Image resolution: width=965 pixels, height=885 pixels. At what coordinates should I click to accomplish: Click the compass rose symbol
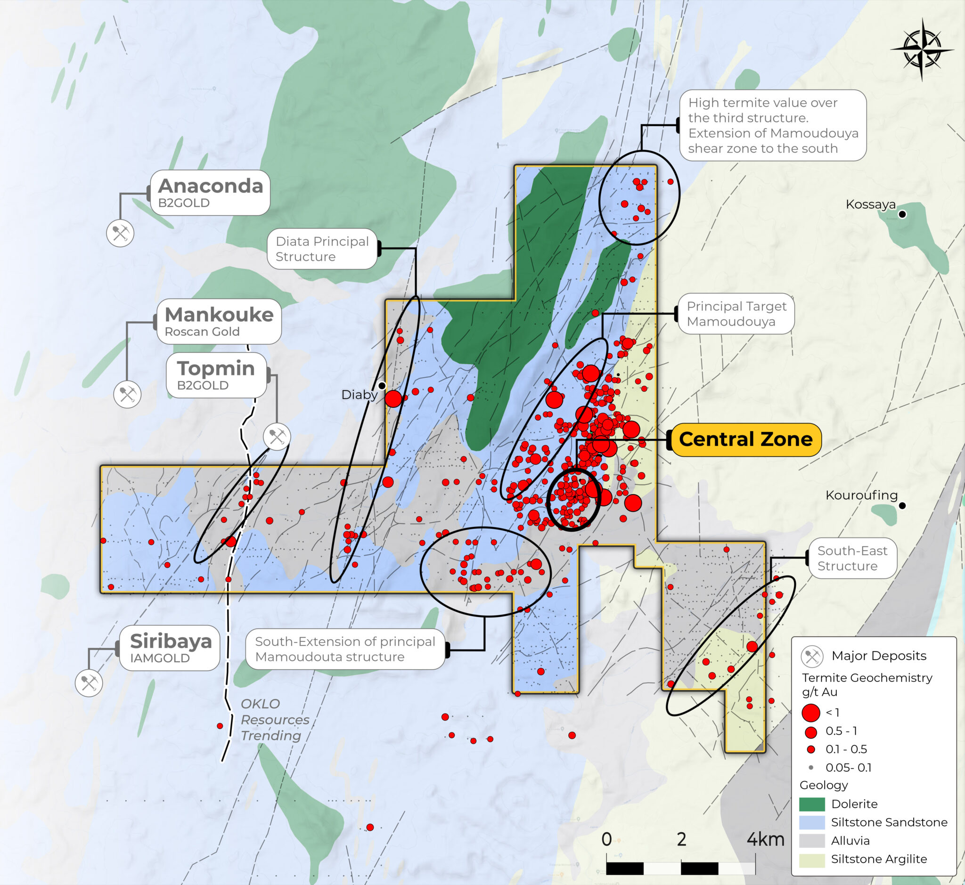click(x=922, y=49)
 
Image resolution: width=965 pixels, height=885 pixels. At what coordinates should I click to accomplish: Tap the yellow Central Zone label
click(x=745, y=439)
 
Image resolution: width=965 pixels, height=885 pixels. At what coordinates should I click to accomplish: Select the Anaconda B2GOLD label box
click(x=210, y=193)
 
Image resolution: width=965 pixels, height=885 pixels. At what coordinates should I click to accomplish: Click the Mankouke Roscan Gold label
click(x=219, y=321)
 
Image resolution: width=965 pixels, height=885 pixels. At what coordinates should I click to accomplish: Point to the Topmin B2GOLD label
click(x=216, y=375)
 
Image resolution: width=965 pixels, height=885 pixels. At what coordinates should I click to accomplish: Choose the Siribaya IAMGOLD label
click(x=170, y=648)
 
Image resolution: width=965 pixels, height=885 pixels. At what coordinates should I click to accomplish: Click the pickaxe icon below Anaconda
click(x=120, y=233)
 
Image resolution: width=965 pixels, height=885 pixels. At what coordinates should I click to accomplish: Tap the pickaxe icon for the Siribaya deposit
click(x=89, y=682)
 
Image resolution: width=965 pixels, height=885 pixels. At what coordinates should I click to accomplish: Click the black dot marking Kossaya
click(x=902, y=214)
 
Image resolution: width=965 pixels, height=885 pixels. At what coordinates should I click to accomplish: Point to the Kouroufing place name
click(x=861, y=495)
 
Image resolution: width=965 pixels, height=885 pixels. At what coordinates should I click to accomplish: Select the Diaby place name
click(x=359, y=395)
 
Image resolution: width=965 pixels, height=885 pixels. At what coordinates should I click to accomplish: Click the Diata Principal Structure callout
click(x=322, y=249)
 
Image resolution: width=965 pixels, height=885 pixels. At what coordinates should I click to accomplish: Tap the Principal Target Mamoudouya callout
click(x=736, y=313)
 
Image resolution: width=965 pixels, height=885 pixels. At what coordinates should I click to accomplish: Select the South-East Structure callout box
click(x=852, y=558)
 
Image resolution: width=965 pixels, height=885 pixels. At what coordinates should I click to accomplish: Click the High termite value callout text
click(x=772, y=125)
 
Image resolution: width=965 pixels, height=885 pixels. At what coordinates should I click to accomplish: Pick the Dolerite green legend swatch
click(x=812, y=804)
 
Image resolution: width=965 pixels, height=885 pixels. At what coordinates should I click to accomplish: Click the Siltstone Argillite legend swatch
click(x=812, y=859)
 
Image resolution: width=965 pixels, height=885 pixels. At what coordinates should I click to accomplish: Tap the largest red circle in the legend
click(x=811, y=713)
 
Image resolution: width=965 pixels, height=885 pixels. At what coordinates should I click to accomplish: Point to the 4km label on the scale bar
click(x=765, y=839)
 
